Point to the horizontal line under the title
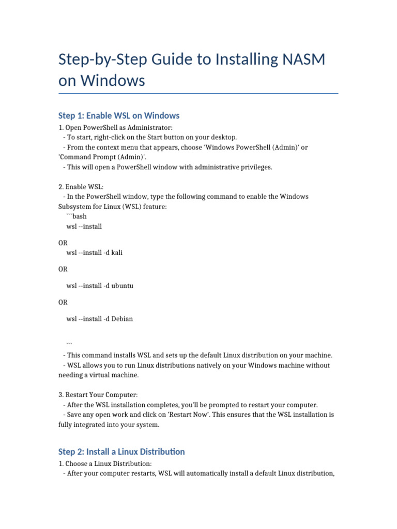[198, 94]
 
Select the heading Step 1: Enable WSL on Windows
[119, 115]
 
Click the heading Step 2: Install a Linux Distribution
[121, 452]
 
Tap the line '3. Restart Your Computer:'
[98, 395]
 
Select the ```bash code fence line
[77, 216]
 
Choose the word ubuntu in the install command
[123, 286]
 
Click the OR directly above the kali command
[63, 242]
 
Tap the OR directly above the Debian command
[63, 302]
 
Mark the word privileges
[254, 167]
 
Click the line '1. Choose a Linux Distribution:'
[105, 463]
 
